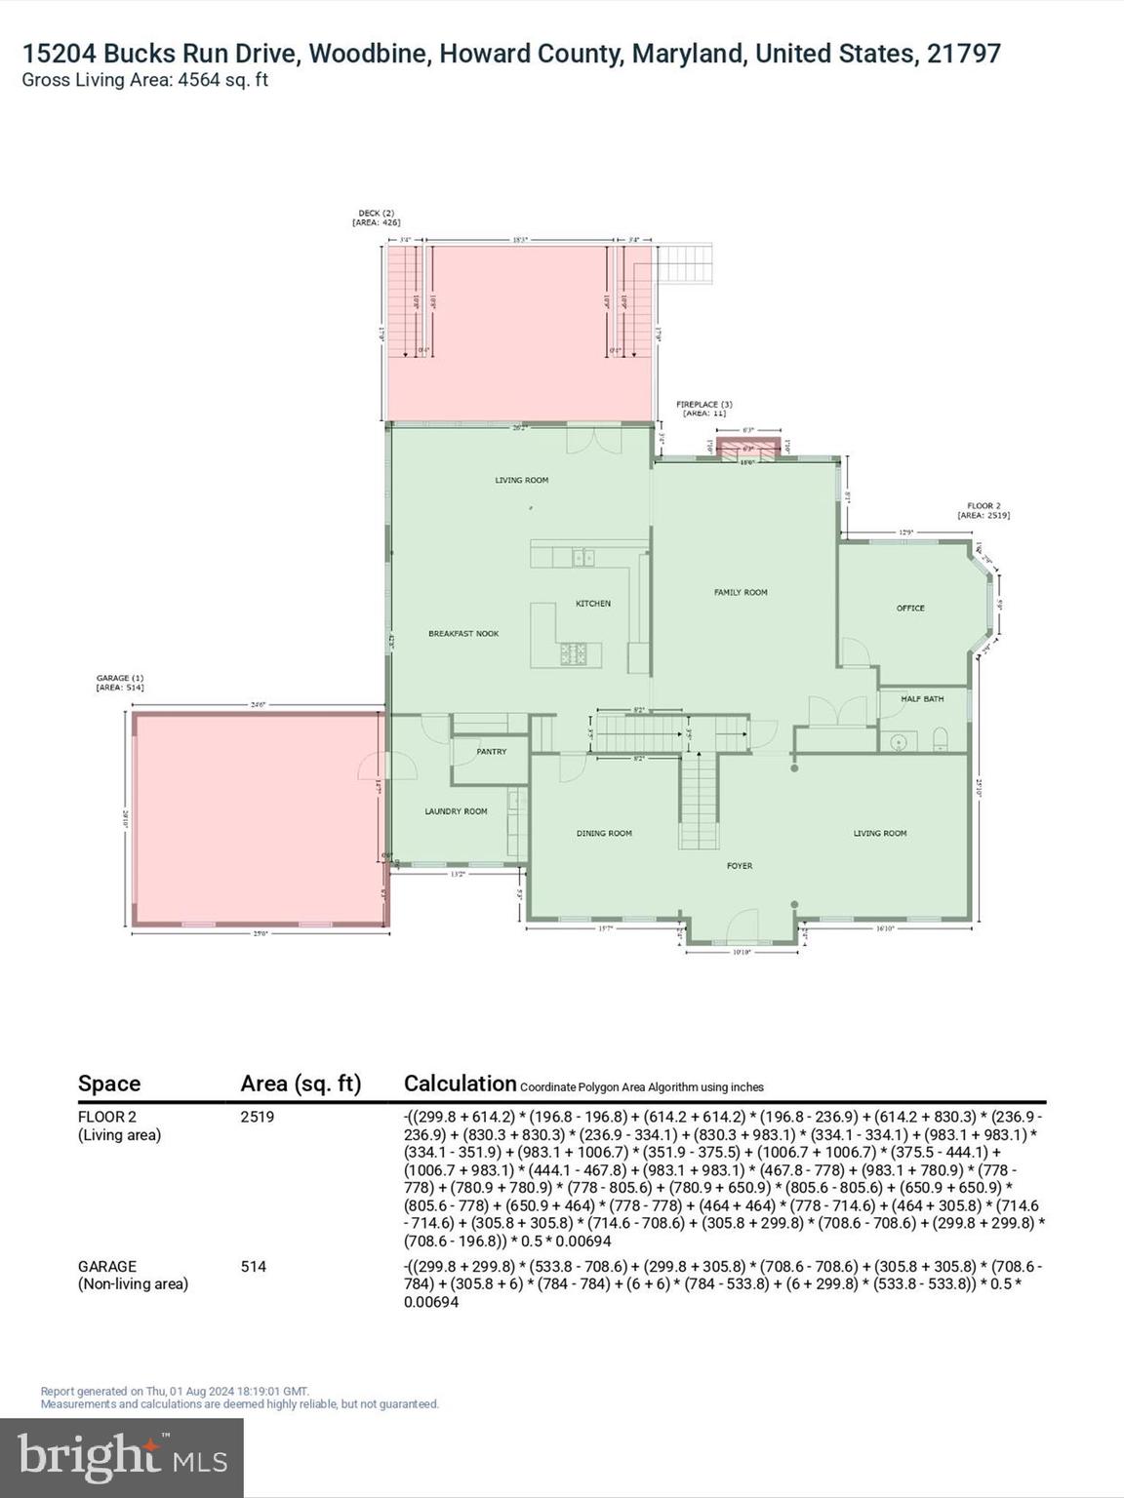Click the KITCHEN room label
592,604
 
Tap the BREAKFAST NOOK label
463,634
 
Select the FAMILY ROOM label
741,592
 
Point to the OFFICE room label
910,608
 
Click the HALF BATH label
921,698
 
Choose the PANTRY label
492,752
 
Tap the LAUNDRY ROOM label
456,811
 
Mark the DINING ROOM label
604,833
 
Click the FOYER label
739,865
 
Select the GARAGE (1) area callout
120,683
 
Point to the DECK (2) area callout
376,217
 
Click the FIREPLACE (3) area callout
703,409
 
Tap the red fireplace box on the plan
748,448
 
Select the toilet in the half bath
941,739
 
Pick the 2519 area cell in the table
258,1117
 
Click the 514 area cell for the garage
254,1267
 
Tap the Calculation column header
460,1084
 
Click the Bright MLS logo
122,1457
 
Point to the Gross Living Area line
144,81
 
